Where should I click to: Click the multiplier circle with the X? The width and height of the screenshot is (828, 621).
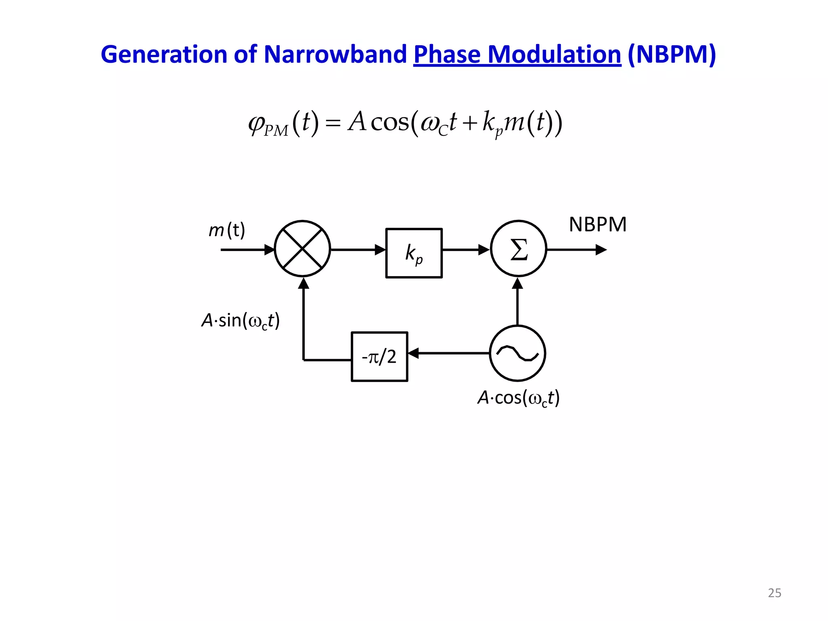pyautogui.click(x=302, y=249)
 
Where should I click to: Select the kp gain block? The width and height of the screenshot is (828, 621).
pyautogui.click(x=414, y=253)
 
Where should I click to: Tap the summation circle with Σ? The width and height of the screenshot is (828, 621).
pyautogui.click(x=518, y=249)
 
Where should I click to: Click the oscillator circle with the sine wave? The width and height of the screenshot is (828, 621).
pyautogui.click(x=517, y=353)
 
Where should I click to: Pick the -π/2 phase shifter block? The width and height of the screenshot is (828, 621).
pyautogui.click(x=379, y=357)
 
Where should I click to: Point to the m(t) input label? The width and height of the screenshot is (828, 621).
pyautogui.click(x=226, y=230)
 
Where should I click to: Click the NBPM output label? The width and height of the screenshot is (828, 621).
pyautogui.click(x=598, y=225)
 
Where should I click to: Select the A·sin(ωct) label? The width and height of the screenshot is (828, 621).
pyautogui.click(x=241, y=321)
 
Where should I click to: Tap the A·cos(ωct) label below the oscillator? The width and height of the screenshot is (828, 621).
pyautogui.click(x=518, y=398)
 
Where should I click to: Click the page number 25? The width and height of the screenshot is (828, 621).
pyautogui.click(x=774, y=593)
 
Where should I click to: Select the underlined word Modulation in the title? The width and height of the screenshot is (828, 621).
pyautogui.click(x=554, y=55)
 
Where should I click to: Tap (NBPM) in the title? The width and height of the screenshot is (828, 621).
pyautogui.click(x=672, y=55)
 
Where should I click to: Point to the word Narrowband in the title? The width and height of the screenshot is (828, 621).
pyautogui.click(x=335, y=55)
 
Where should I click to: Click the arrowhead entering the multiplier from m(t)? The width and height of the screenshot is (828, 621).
pyautogui.click(x=269, y=250)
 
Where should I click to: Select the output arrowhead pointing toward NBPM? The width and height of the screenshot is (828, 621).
pyautogui.click(x=601, y=250)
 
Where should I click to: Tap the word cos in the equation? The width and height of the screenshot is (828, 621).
pyautogui.click(x=390, y=122)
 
